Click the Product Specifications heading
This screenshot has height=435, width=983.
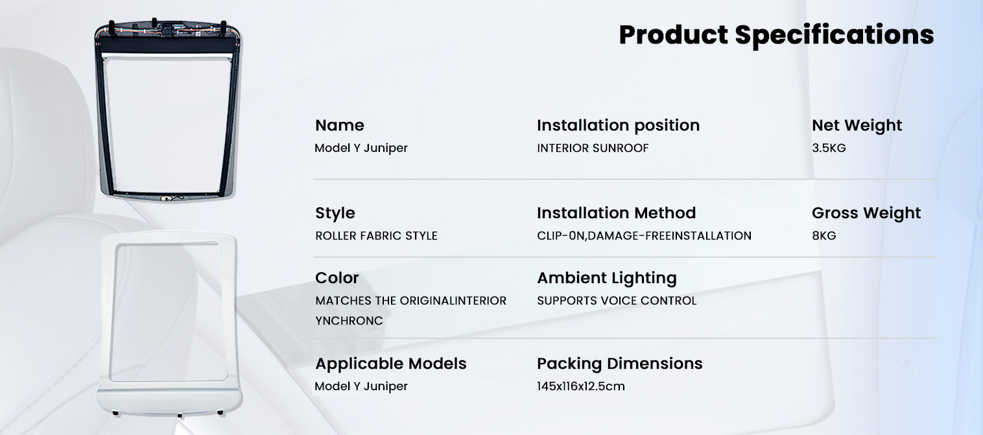coord(776,35)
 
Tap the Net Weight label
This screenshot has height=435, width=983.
coord(857,125)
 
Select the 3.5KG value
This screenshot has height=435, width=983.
coord(829,148)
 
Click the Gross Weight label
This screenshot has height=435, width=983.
coord(866,213)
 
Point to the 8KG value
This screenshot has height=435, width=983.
coord(823,236)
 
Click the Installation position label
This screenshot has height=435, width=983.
coord(618,125)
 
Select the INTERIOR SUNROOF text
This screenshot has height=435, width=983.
coord(593,148)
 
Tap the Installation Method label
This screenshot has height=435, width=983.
coord(616,213)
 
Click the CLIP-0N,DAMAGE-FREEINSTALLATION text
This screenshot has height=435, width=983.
coord(644,236)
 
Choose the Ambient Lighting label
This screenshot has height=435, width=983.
coord(606,278)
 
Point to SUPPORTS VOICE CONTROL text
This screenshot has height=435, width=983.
coord(617,301)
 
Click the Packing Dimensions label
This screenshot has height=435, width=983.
coord(619,364)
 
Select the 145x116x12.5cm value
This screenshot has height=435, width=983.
coord(580,386)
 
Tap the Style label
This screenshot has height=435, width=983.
coord(335,213)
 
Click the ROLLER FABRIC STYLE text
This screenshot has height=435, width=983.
coord(376,236)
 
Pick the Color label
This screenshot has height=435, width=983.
coord(337,278)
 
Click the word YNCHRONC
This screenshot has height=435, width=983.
coord(349,321)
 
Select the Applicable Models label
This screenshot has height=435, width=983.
coord(390,364)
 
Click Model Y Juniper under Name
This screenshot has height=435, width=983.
coord(361,148)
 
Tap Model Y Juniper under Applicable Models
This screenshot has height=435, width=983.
coord(361,386)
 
